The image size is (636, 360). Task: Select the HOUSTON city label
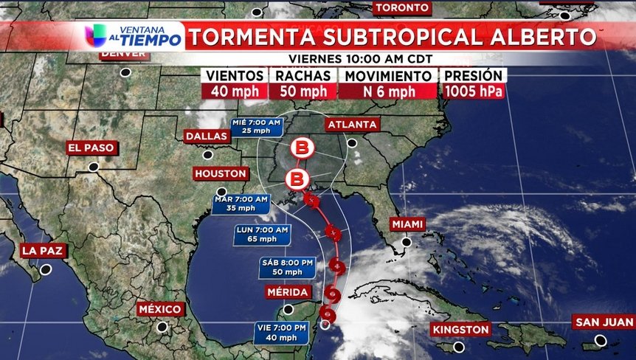(x=221, y=173)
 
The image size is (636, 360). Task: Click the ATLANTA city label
(x=352, y=125)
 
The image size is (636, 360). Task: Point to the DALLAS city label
(x=207, y=136)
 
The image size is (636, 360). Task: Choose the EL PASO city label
(x=91, y=148)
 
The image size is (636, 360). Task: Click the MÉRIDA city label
(x=288, y=293)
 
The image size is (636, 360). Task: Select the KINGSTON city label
(x=460, y=329)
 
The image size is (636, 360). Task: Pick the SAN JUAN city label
(x=604, y=322)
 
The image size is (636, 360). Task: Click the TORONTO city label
(x=402, y=7)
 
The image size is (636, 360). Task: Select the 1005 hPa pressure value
(x=473, y=91)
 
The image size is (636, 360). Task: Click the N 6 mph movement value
(x=387, y=91)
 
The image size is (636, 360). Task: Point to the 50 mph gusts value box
(x=303, y=91)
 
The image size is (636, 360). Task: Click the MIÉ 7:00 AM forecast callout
(x=256, y=126)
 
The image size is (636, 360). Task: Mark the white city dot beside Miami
(x=406, y=242)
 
